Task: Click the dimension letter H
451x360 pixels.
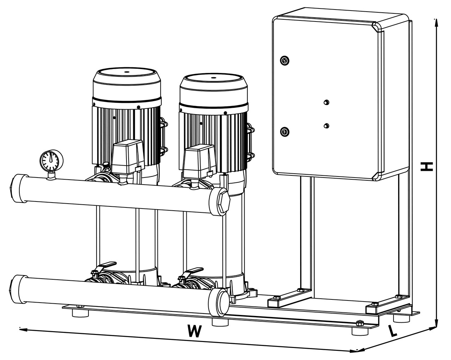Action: [x=427, y=166]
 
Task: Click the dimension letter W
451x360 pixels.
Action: [x=195, y=331]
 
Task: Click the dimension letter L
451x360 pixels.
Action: [x=393, y=330]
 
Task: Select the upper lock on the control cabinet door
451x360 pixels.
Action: [x=284, y=60]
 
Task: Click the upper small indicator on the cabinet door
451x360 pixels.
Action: [x=326, y=102]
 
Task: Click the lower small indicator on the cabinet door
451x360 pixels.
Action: [x=326, y=125]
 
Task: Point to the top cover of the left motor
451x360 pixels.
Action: [x=126, y=75]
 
